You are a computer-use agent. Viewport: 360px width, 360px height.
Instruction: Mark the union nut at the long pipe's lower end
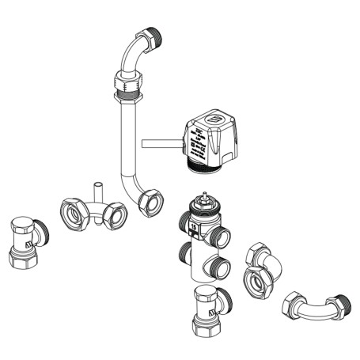tap(150, 202)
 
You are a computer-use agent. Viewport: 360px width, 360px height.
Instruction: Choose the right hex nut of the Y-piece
tap(116, 215)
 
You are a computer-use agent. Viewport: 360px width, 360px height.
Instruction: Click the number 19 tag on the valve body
tap(192, 227)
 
